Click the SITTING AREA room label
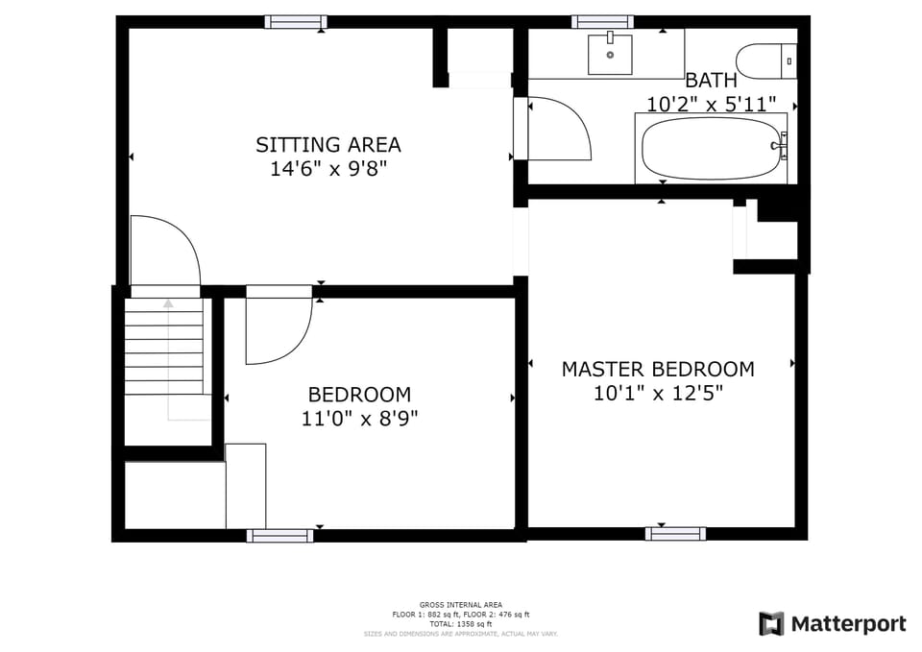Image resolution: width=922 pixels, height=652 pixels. click(328, 145)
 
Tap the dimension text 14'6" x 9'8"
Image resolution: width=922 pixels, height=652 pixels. click(328, 169)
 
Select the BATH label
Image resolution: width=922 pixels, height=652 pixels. click(711, 81)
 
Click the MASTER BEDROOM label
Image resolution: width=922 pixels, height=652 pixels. click(658, 369)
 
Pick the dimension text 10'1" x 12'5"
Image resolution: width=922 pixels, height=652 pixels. click(658, 393)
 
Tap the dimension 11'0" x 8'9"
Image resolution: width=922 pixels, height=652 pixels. click(359, 419)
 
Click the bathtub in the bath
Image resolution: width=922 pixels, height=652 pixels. click(710, 149)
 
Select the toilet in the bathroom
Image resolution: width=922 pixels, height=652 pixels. click(766, 61)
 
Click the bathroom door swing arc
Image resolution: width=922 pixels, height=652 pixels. click(562, 130)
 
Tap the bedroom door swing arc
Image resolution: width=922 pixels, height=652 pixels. click(279, 329)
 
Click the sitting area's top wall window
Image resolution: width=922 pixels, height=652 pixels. click(295, 21)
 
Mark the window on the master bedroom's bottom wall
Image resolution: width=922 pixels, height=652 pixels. click(675, 534)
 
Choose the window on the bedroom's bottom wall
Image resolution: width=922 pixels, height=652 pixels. click(279, 535)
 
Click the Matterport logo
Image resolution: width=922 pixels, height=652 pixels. click(832, 624)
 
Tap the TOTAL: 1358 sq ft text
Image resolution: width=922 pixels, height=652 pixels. click(461, 624)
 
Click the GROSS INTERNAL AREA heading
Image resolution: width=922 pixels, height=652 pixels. click(461, 605)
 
